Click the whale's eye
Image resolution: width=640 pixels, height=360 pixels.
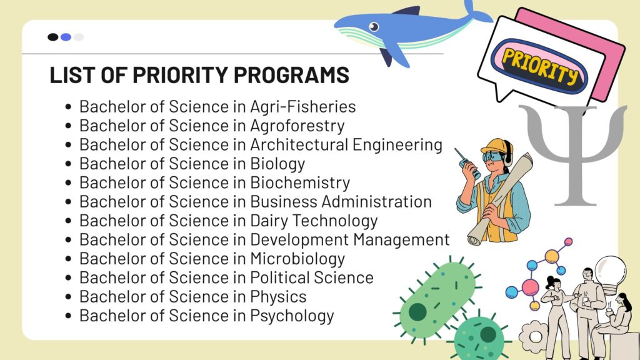pyautogui.click(x=374, y=27)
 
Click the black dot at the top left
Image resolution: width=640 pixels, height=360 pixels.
pyautogui.click(x=53, y=37)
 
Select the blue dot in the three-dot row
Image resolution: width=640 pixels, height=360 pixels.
pyautogui.click(x=66, y=37)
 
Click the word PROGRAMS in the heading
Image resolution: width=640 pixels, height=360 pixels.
pyautogui.click(x=291, y=75)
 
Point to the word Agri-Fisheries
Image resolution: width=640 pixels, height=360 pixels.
pyautogui.click(x=303, y=107)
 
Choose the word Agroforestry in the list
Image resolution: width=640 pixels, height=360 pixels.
pyautogui.click(x=297, y=126)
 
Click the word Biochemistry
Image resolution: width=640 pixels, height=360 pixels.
pyautogui.click(x=300, y=183)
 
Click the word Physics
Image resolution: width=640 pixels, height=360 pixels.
pyautogui.click(x=278, y=297)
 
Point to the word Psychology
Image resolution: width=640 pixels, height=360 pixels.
pyautogui.click(x=292, y=316)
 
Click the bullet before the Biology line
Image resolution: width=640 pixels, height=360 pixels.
pyautogui.click(x=68, y=164)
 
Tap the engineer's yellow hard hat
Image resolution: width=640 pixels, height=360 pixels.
pyautogui.click(x=496, y=146)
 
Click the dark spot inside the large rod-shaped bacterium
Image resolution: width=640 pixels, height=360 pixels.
pyautogui.click(x=417, y=312)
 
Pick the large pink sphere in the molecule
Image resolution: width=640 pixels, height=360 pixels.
pyautogui.click(x=530, y=287)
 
